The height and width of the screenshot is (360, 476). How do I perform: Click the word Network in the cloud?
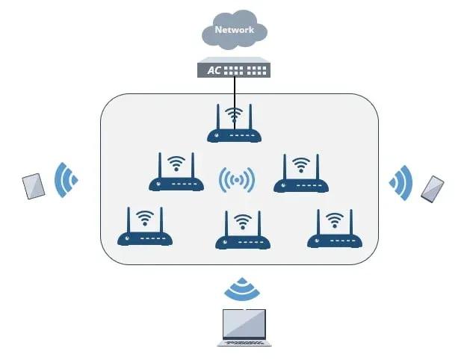click(234, 30)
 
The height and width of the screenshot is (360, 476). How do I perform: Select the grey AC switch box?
click(234, 69)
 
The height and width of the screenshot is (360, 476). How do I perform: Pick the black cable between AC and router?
click(235, 93)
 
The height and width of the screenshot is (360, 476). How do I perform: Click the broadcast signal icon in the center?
click(237, 180)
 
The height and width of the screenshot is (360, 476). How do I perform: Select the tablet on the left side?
click(34, 186)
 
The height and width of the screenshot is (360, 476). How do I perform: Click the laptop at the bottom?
click(244, 326)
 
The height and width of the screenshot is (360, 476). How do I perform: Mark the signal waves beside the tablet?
click(67, 179)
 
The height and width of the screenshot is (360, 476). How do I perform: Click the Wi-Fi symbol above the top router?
click(235, 115)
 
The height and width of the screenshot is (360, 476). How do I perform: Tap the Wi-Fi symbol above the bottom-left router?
click(145, 218)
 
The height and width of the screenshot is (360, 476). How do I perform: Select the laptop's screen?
click(244, 322)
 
